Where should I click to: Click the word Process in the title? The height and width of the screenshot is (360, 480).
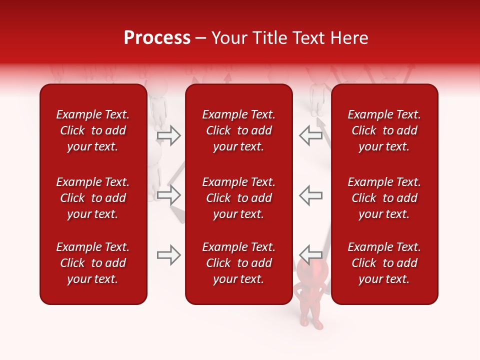coord(157,38)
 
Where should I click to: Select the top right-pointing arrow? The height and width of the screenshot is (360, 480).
coord(168,135)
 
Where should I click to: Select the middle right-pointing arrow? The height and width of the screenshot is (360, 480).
coord(168,195)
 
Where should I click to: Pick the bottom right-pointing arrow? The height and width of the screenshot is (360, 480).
coord(168,255)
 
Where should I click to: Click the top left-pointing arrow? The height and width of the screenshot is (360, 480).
coord(310,135)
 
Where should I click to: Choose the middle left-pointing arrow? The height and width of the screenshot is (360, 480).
coord(310,195)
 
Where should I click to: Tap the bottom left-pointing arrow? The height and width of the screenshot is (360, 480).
coord(310,255)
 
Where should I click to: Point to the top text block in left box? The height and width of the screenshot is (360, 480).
coord(93,130)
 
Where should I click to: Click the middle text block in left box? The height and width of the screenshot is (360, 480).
coord(93,198)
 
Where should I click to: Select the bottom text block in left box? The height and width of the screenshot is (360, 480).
coord(93,263)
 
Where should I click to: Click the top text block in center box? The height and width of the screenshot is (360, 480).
coord(239,130)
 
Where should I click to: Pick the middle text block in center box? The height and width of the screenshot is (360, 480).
coord(239,198)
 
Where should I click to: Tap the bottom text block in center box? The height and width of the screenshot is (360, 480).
coord(239,263)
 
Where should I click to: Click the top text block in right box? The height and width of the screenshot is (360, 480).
coord(384,130)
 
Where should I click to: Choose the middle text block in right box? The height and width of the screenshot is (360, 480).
coord(384,198)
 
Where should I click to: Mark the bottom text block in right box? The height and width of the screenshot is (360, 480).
coord(384,263)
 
